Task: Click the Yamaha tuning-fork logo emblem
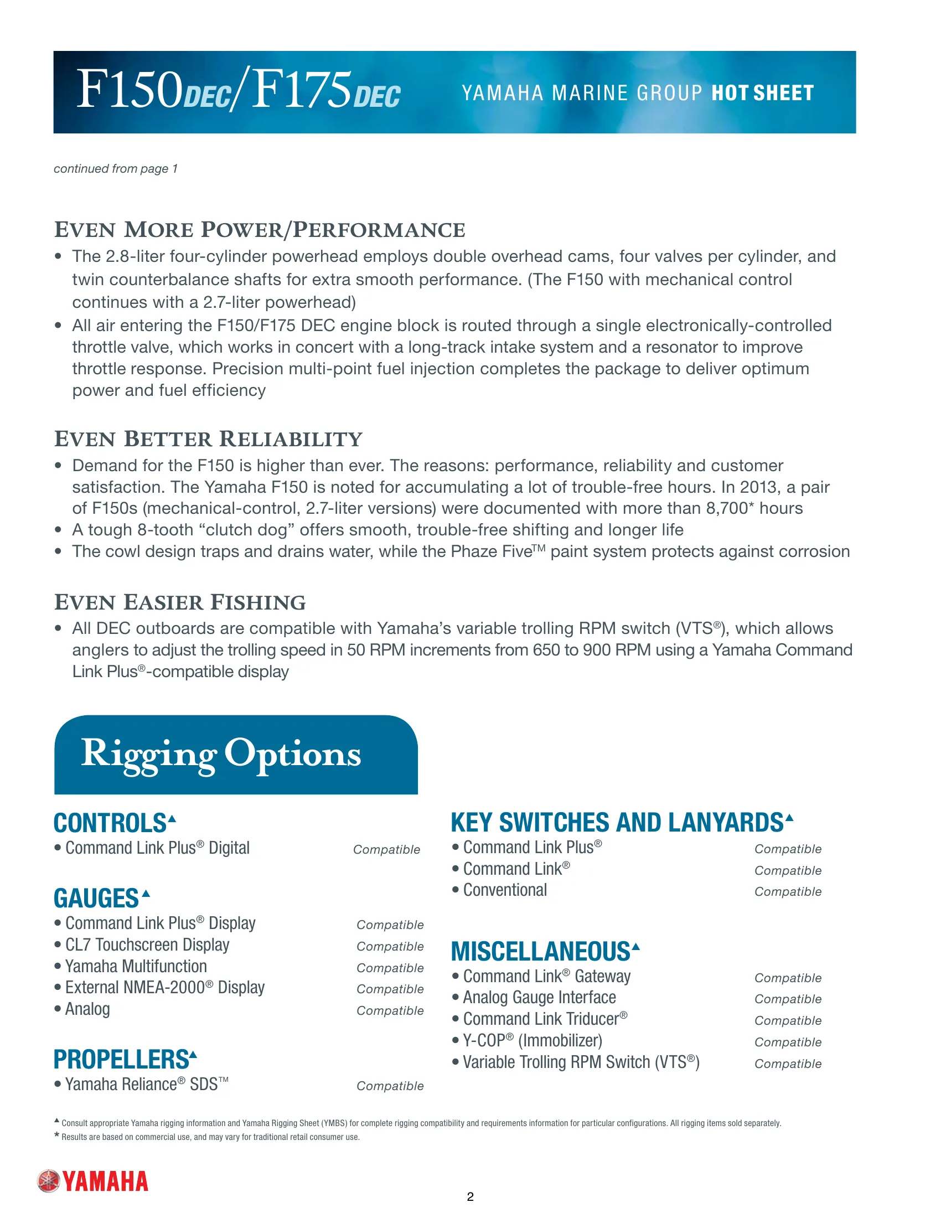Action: coord(49,1181)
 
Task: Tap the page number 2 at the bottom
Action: coord(470,1196)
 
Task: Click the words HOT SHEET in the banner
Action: coord(763,92)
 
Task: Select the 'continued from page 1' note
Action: coord(115,168)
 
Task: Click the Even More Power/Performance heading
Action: coord(259,230)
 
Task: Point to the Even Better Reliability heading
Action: coord(208,439)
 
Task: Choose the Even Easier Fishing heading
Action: coord(179,602)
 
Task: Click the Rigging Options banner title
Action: coord(221,753)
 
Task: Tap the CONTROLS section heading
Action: coord(110,823)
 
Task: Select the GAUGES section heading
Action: coord(96,899)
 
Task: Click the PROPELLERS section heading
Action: coord(122,1059)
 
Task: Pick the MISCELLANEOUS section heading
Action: coord(540,951)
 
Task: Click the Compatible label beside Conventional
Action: coord(788,892)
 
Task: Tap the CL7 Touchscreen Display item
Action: coord(147,945)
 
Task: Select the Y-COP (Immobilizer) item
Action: coord(532,1041)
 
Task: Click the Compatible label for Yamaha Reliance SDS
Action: coord(390,1086)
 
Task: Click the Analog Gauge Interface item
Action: coord(539,998)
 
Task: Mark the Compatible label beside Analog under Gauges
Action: coord(390,1010)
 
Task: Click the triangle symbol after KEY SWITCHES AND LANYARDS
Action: coord(789,818)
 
